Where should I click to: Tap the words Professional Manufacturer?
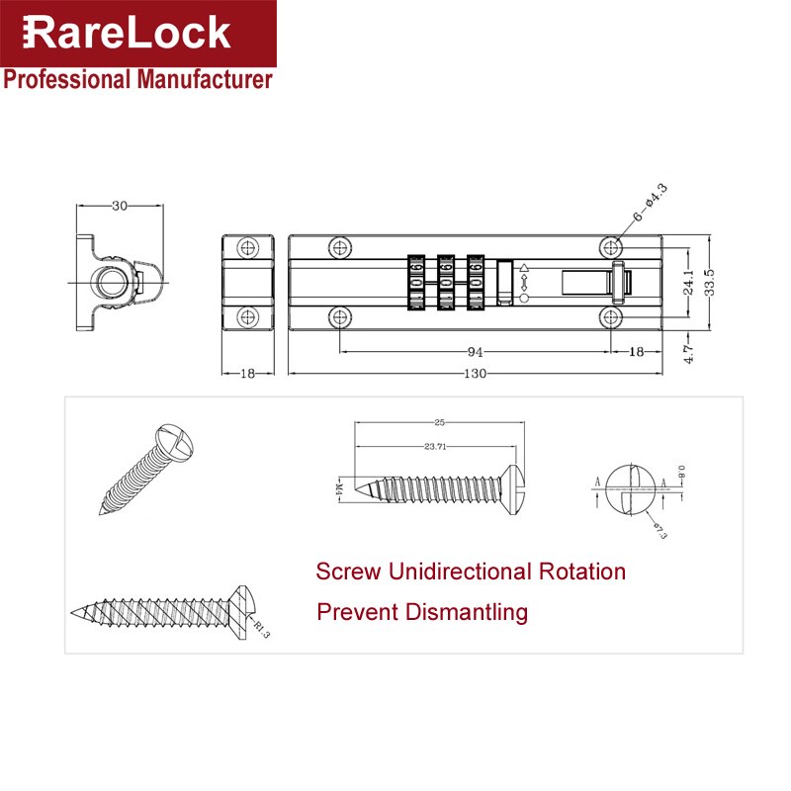tap(137, 80)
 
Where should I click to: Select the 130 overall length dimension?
tap(476, 374)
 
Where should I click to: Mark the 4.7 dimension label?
tap(690, 350)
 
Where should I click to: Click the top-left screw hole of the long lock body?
tap(340, 246)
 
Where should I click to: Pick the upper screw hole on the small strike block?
tap(247, 246)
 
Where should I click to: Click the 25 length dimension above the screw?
tap(438, 423)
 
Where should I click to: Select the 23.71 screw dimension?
tap(435, 446)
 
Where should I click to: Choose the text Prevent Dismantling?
tap(422, 613)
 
